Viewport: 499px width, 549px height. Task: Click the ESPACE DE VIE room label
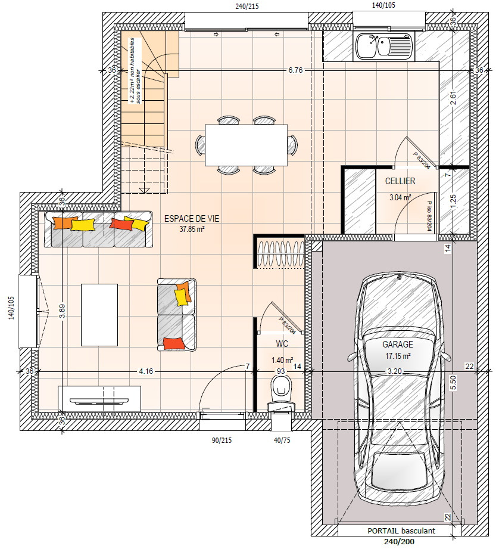point(192,219)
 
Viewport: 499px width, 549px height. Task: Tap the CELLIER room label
point(400,181)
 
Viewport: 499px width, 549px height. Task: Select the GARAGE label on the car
point(398,344)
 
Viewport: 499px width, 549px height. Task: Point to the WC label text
point(282,344)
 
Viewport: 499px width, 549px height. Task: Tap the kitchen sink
point(385,46)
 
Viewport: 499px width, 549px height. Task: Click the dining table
point(246,145)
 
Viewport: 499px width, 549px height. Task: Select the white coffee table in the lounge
point(99,315)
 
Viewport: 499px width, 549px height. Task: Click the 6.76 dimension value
point(295,70)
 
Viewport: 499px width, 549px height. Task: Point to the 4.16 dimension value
point(146,371)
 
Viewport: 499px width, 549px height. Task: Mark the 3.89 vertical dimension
point(63,311)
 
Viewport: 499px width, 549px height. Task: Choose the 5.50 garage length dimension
point(454,383)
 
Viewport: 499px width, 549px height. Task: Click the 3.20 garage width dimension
point(394,371)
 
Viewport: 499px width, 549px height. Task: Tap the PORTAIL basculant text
point(401,531)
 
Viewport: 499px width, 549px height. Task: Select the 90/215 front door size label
point(222,440)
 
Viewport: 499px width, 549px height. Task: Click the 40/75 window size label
point(282,440)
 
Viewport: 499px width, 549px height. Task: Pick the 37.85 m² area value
point(192,229)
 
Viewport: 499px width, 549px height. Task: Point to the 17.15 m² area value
point(398,356)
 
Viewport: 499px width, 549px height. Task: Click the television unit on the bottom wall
point(99,399)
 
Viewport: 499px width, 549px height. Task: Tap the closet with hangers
point(280,252)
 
